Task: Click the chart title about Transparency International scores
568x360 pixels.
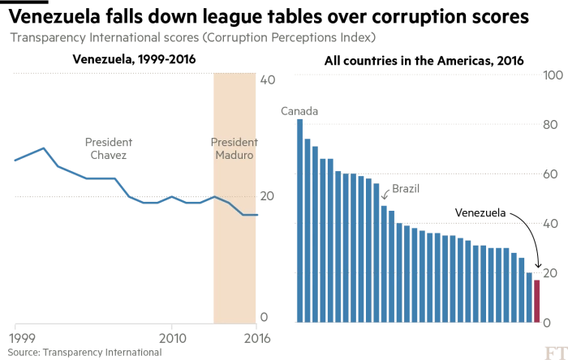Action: click(x=192, y=38)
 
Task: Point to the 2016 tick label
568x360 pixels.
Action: click(x=256, y=336)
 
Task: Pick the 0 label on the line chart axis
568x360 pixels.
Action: click(x=263, y=317)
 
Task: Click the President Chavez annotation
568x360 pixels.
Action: click(x=107, y=148)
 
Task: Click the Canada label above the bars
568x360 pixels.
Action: click(x=299, y=110)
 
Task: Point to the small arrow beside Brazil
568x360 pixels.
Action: click(x=385, y=195)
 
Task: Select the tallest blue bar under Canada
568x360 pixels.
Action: click(x=299, y=219)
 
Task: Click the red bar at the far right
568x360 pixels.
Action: click(x=536, y=299)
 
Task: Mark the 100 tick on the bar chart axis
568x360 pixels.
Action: click(x=553, y=75)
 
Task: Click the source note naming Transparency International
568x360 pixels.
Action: click(x=86, y=353)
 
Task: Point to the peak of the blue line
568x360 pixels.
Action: click(x=44, y=148)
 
